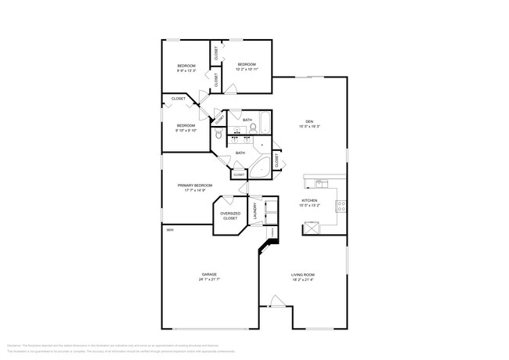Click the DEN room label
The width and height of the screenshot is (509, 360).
coord(309,121)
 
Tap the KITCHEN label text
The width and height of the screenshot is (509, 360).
coord(309,200)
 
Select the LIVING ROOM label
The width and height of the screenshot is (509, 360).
coord(303,274)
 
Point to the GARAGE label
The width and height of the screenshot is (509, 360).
coord(209,274)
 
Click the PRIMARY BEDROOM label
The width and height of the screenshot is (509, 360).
coord(195,185)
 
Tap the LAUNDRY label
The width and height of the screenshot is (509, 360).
coord(255,211)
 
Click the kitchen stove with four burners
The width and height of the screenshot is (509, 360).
coord(341,207)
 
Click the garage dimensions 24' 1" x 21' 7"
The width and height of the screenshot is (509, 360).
coord(209,279)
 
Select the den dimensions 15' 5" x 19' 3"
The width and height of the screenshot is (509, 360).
coord(309,126)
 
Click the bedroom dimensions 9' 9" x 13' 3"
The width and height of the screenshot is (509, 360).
coord(186,70)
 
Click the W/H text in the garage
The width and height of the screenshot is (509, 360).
coord(169,229)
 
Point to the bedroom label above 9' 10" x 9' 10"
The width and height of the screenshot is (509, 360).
coord(185,126)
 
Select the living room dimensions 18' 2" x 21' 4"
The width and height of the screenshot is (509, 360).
coord(303,279)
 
